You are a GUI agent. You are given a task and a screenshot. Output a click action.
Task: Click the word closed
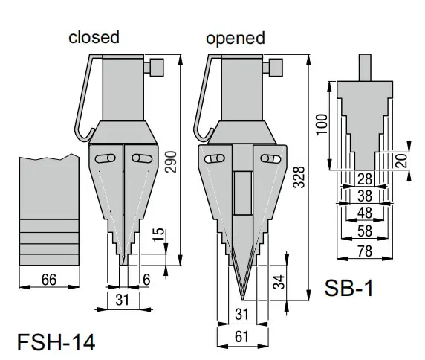[94, 37]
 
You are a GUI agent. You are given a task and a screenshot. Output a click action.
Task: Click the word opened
[235, 38]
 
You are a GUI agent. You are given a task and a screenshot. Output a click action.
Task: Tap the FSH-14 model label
[56, 343]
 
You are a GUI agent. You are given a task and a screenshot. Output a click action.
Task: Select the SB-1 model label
[348, 288]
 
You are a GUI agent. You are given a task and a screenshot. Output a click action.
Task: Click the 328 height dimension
[300, 196]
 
